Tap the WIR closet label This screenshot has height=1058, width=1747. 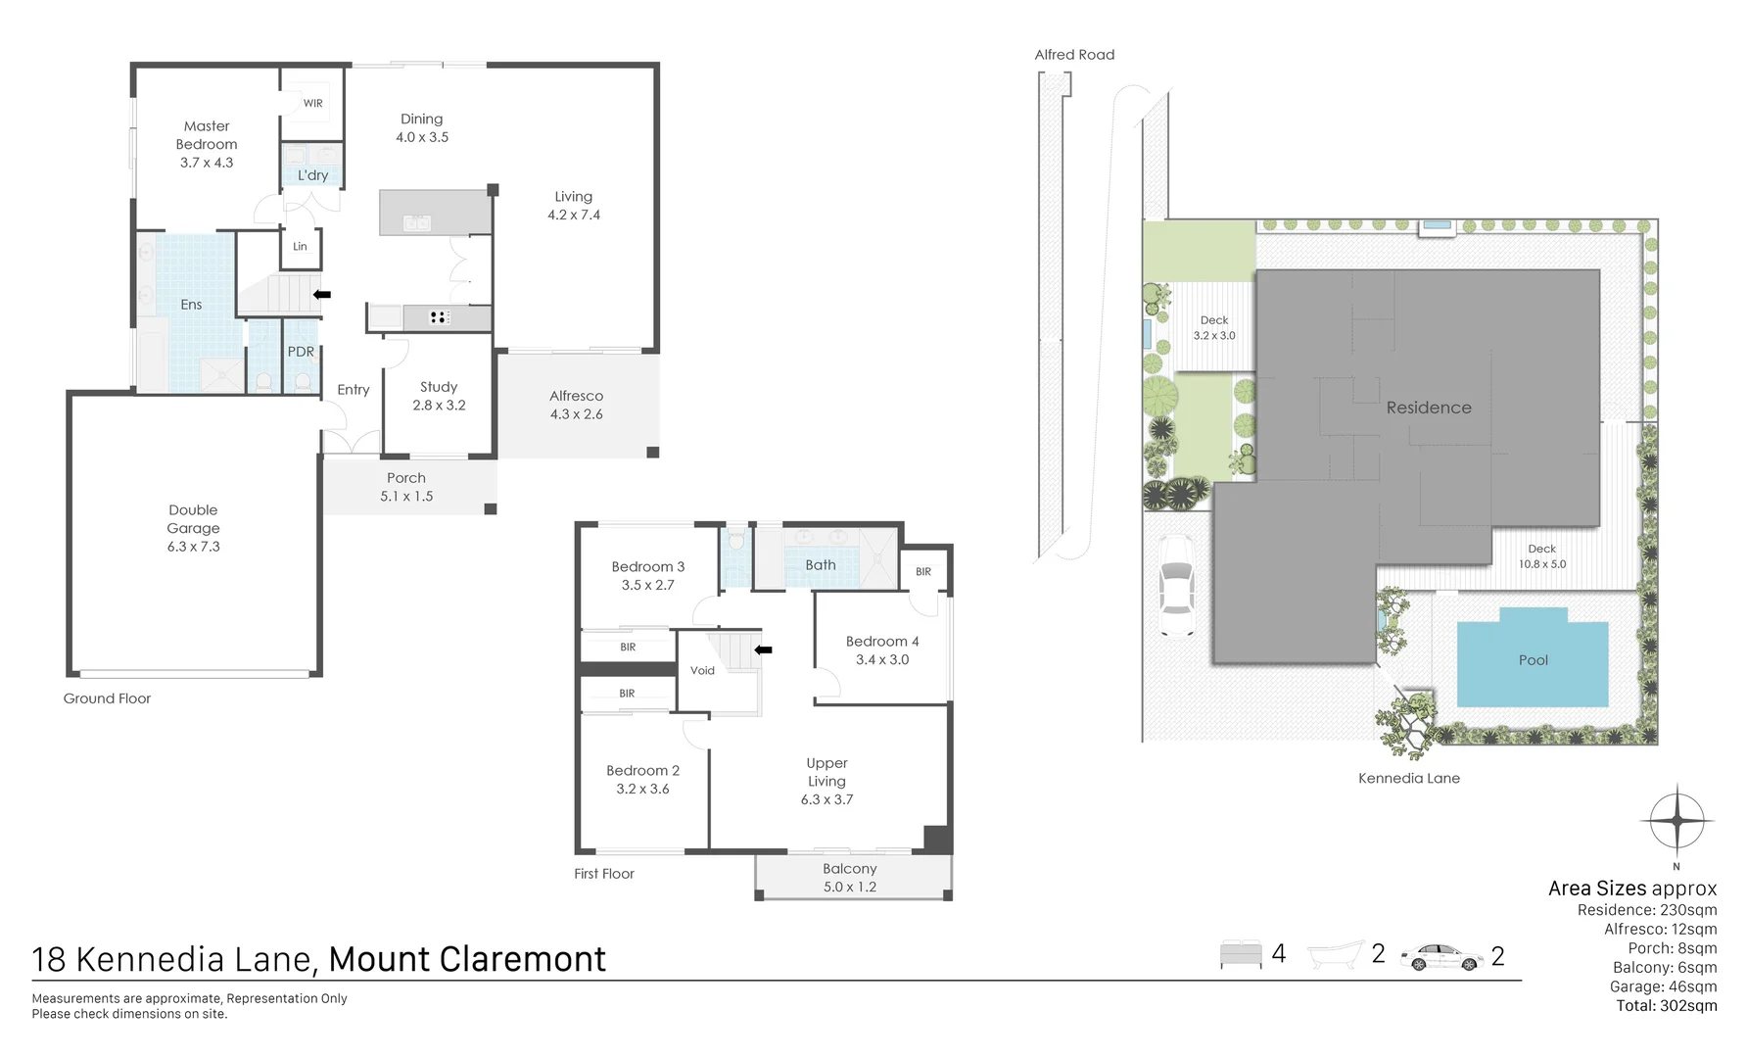coord(312,103)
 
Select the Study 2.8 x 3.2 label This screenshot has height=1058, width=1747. coord(439,396)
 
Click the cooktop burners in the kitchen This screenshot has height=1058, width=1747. coord(439,316)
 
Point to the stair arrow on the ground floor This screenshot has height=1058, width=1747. coord(321,294)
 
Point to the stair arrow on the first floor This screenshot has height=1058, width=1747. coord(763,649)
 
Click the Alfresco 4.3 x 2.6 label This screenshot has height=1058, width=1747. coord(576,405)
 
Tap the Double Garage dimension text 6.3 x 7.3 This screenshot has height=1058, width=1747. coord(194,547)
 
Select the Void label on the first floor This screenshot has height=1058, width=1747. coord(702,671)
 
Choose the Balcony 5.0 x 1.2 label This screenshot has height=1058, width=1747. coord(849,878)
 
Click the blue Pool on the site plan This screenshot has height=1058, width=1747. coord(1533,658)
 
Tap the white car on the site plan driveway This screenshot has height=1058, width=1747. coord(1176,599)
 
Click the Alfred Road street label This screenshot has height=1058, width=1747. coord(1074,55)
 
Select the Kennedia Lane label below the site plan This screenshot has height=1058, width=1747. coord(1408,779)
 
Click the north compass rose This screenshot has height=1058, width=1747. coord(1676,821)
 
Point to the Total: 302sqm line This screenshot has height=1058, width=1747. coord(1666,1005)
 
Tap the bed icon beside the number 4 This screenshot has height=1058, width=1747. coord(1241,954)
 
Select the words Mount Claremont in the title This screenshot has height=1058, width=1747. coord(467,959)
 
